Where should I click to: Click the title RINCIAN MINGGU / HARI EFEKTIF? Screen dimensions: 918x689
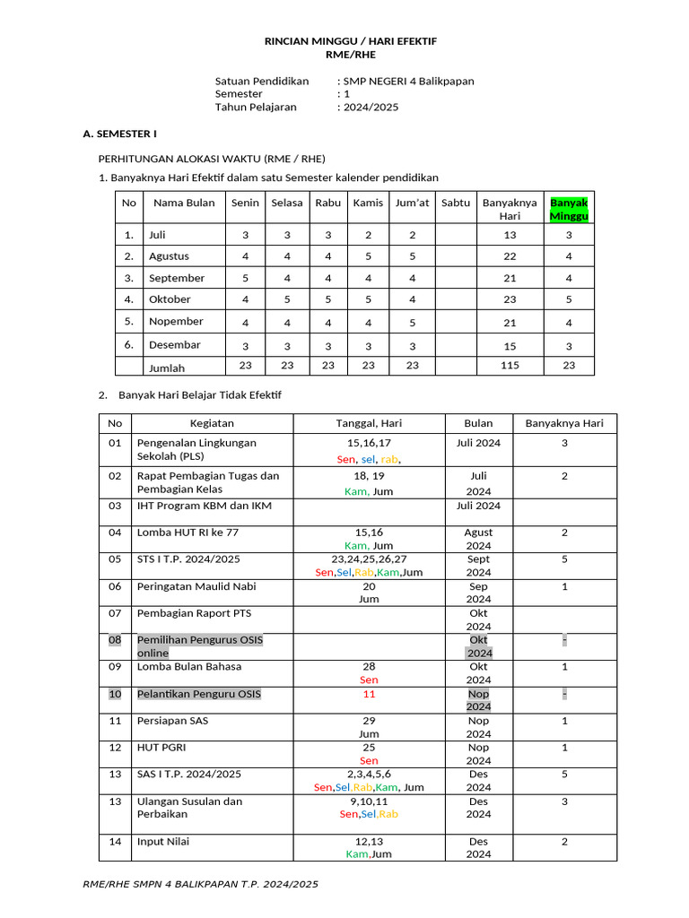350,42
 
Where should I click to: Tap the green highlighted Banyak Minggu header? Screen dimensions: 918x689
569,209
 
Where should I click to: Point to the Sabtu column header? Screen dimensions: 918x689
456,203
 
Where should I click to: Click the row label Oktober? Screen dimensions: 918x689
170,299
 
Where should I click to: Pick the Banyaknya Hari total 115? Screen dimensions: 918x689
510,366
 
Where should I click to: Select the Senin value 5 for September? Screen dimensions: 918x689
246,278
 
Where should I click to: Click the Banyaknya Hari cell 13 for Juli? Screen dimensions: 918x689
510,235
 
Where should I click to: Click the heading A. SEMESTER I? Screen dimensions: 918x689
119,134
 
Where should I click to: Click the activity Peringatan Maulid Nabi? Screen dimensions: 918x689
194,586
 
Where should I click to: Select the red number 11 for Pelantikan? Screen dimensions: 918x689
369,694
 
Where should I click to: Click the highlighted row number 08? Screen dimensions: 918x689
115,640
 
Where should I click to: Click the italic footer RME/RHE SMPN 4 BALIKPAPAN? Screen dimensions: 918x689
200,884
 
